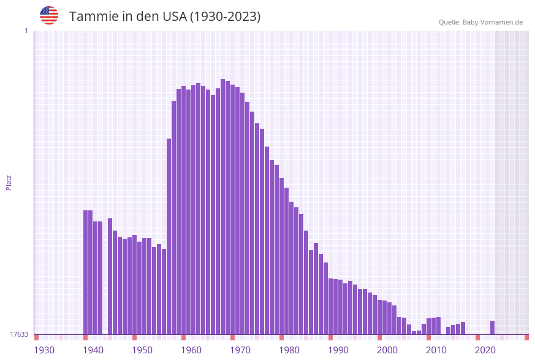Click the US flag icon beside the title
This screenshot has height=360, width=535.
point(49,15)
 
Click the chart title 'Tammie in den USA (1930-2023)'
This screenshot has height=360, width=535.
point(165,17)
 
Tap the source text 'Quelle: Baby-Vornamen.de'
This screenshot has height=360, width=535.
point(480,22)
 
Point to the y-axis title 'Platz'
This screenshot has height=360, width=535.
point(9,182)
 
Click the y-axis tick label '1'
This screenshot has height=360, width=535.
point(26,31)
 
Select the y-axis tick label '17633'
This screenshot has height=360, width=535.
point(19,334)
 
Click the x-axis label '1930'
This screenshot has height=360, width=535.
point(44,350)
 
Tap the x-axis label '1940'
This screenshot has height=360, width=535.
point(93,350)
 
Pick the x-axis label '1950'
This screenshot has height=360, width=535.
point(142,350)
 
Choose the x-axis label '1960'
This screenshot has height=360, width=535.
point(191,350)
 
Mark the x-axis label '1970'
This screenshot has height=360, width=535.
point(240,350)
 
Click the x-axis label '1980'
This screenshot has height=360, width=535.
point(289,350)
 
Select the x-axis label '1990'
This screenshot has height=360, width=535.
point(338,350)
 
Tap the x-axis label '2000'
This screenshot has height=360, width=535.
point(387,350)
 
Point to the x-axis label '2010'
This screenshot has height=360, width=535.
point(436,350)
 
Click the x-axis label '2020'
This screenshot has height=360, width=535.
point(485,350)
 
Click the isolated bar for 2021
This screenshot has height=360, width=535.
point(492,327)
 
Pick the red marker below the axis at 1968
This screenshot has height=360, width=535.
point(233,337)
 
